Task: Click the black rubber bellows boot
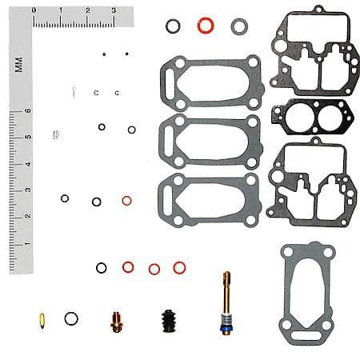tap(169, 321)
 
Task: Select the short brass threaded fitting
tap(117, 322)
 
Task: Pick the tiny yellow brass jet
tap(42, 321)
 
